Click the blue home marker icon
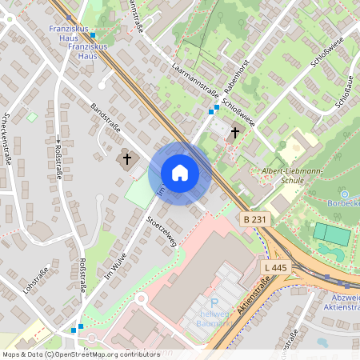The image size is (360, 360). click(180, 173)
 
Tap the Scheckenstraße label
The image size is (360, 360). click(9, 141)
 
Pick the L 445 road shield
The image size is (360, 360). click(274, 266)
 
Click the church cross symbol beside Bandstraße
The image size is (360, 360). click(126, 159)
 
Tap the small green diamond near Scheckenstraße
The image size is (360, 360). click(32, 117)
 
